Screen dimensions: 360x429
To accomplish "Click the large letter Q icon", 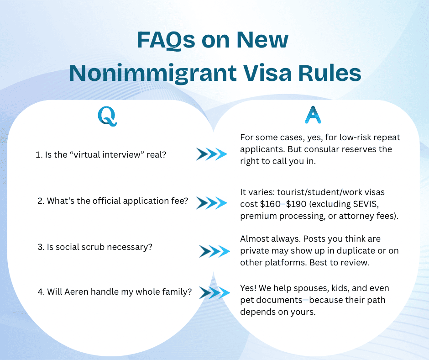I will tap(108, 116).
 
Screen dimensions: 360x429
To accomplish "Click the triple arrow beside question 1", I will tap(211, 154).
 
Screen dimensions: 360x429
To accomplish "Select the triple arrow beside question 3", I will tap(214, 251).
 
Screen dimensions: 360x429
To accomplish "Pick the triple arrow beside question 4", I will tap(215, 293).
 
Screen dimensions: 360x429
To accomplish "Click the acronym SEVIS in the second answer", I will tap(373, 204).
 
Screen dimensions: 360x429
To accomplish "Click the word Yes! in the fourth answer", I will tap(249, 288).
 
